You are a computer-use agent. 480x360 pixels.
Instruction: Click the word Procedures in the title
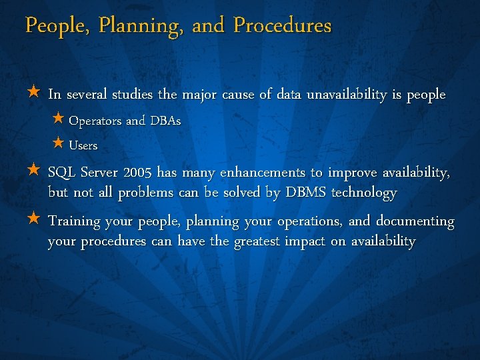tap(283, 26)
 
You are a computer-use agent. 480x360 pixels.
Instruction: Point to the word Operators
tap(95, 121)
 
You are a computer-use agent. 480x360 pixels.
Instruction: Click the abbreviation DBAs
tap(164, 121)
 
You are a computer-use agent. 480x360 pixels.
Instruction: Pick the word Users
tap(83, 145)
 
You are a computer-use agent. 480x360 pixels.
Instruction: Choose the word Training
tap(74, 221)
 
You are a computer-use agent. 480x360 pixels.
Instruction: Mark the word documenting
tap(415, 221)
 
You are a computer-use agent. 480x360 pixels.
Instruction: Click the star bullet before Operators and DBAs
tap(58, 120)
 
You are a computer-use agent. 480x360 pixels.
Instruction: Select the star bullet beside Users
tap(58, 143)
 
